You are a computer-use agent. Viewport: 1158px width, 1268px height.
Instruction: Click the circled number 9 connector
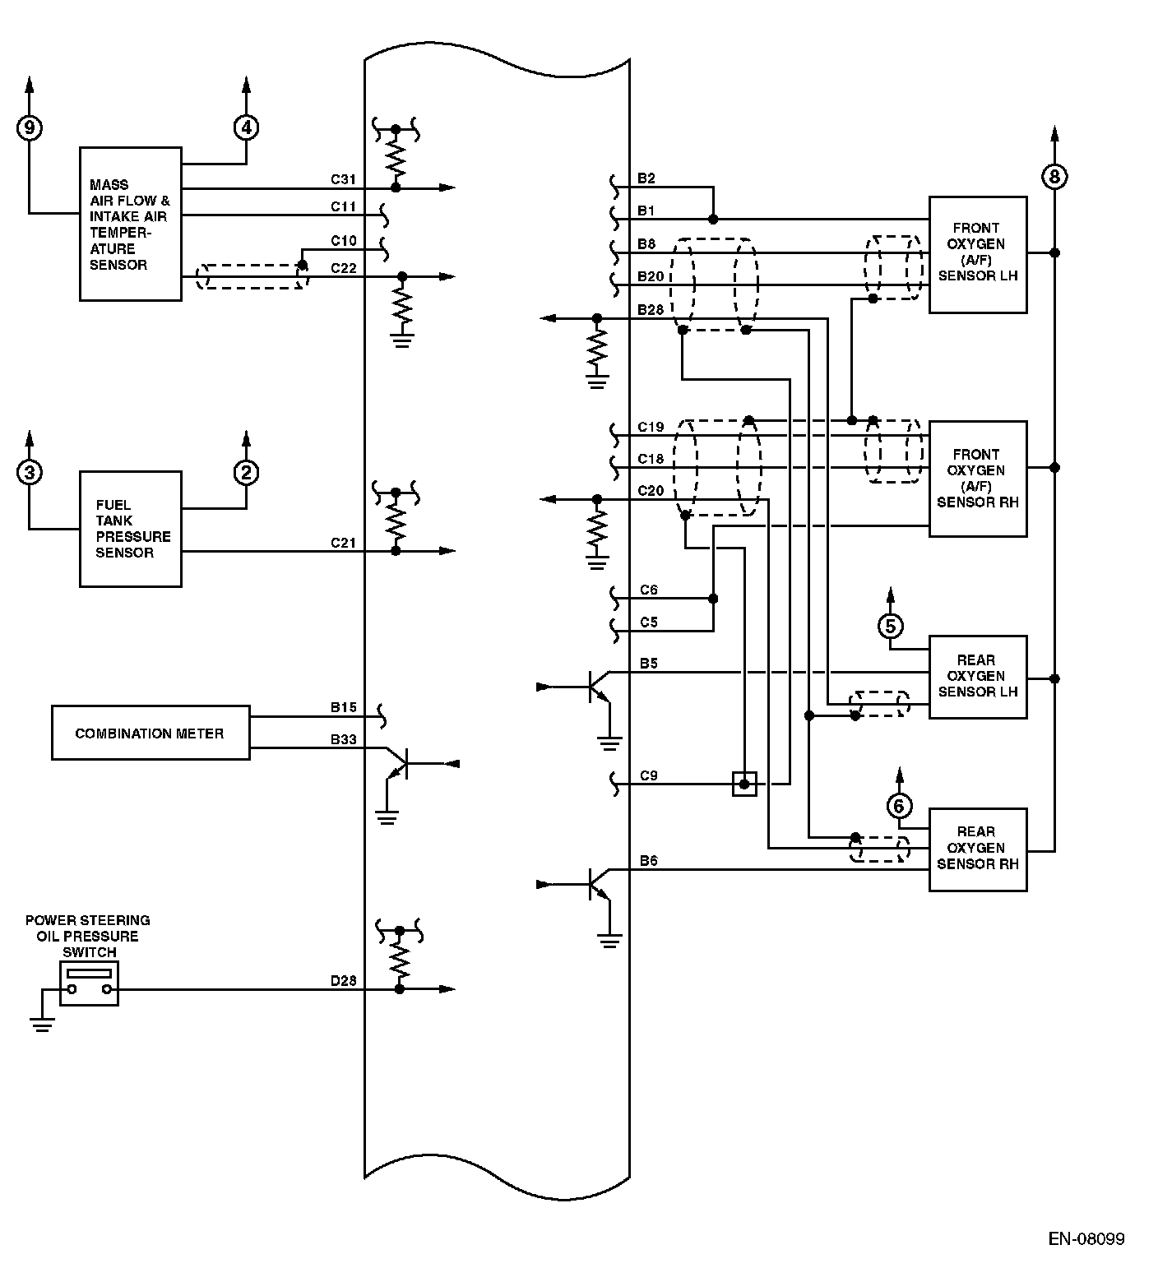click(x=30, y=127)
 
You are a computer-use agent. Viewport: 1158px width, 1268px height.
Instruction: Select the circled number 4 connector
click(x=246, y=127)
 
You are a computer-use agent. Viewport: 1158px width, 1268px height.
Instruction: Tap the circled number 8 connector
click(x=1054, y=176)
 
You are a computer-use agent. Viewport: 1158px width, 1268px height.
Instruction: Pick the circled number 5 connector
click(x=890, y=626)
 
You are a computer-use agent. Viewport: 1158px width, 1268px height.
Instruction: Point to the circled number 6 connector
click(x=899, y=805)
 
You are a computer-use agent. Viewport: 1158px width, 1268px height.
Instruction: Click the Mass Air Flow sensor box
click(x=130, y=224)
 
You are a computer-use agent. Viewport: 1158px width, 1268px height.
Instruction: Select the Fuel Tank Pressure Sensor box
click(x=130, y=529)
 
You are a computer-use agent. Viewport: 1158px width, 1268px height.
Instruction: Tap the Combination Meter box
click(x=150, y=733)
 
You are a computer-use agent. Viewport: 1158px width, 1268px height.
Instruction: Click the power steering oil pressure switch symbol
click(x=89, y=983)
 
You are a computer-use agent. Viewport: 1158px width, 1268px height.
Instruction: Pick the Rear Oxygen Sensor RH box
click(x=977, y=849)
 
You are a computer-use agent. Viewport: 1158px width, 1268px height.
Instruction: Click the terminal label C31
click(x=343, y=178)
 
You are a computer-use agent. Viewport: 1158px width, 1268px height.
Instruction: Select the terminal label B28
click(x=651, y=309)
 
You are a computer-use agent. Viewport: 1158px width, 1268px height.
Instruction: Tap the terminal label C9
click(x=649, y=775)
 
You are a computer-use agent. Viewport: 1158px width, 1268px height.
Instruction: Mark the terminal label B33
click(x=343, y=739)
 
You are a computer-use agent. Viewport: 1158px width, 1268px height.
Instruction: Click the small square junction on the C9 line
click(x=744, y=784)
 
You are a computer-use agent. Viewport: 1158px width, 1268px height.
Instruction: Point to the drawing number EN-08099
click(x=1086, y=1238)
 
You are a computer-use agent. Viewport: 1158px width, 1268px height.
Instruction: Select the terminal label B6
click(x=649, y=861)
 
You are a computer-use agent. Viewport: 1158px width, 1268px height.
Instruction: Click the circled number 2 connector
click(x=246, y=472)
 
